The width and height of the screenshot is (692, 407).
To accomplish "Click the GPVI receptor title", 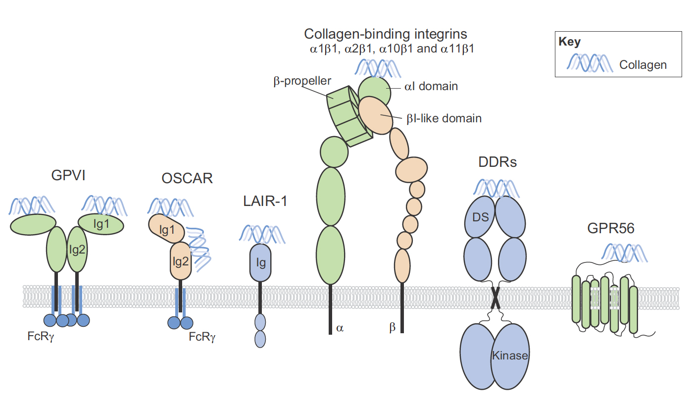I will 68,176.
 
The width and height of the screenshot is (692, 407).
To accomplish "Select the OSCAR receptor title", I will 187,178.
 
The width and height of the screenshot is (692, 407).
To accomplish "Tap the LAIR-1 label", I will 265,201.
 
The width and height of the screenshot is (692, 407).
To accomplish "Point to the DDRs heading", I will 497,162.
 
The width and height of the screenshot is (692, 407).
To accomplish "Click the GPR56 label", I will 611,228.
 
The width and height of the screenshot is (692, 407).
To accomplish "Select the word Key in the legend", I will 569,42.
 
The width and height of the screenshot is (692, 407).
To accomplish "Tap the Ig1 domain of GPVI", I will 101,224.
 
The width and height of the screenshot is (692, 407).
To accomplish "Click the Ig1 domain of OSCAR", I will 166,230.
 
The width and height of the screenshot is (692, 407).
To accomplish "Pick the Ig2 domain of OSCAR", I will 180,261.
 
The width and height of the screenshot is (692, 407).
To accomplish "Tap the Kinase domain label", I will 510,356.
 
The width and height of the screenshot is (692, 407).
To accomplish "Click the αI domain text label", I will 431,87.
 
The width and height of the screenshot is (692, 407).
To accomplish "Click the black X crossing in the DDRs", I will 495,298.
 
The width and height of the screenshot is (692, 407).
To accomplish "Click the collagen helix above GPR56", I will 624,252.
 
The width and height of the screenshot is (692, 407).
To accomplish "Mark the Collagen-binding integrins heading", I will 386,34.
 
